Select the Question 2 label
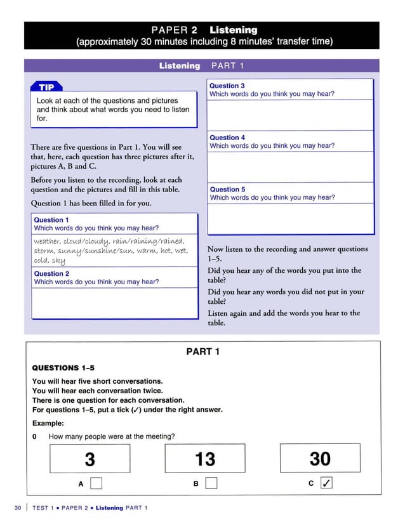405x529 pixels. click(x=51, y=274)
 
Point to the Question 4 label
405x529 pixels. click(x=227, y=138)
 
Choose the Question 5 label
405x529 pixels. click(x=227, y=190)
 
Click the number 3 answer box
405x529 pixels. click(x=90, y=459)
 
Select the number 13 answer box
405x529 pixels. click(x=204, y=459)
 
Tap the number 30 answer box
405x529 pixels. click(x=320, y=459)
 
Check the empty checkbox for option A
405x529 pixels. click(x=96, y=484)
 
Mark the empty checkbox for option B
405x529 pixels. click(x=211, y=484)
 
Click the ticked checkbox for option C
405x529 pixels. click(x=326, y=484)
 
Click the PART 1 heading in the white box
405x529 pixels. click(x=202, y=351)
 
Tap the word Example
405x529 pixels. click(x=49, y=422)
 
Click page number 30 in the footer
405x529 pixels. click(x=18, y=507)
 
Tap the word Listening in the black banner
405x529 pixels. click(x=233, y=30)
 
